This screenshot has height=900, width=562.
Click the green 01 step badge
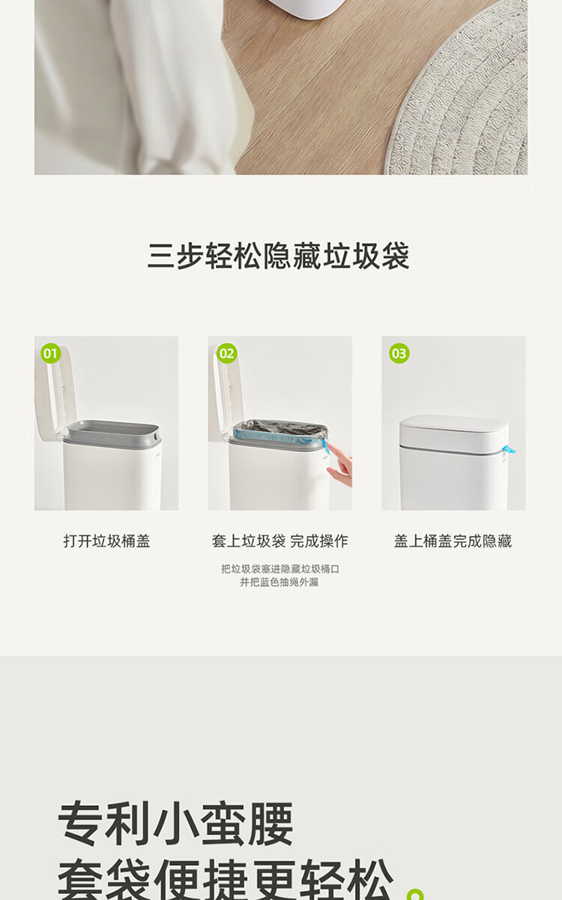tap(51, 353)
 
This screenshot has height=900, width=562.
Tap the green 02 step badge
tap(227, 353)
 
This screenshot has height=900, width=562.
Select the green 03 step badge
tap(399, 353)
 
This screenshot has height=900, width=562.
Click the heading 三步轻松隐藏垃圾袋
tap(279, 256)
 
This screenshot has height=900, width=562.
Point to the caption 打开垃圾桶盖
tap(106, 541)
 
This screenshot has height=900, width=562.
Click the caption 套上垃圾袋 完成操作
tap(280, 541)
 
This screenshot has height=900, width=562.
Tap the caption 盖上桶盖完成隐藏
tap(453, 541)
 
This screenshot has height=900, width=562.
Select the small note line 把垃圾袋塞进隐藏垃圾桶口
tap(280, 569)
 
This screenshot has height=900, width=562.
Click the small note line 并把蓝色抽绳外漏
tap(279, 582)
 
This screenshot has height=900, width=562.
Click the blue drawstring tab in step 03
tap(508, 449)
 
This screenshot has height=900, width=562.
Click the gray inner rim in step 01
tap(112, 433)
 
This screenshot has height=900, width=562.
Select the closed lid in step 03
tap(454, 432)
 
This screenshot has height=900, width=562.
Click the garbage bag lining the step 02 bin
tap(280, 430)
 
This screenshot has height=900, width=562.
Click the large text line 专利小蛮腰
tap(175, 823)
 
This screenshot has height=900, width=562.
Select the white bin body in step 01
tap(112, 476)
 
